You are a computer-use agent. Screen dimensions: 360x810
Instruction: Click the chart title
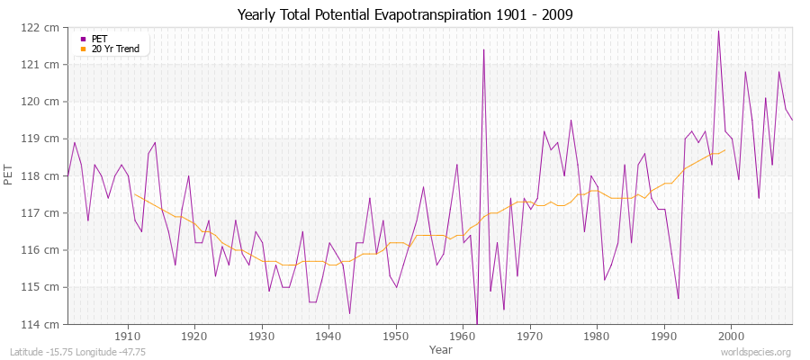point(405,15)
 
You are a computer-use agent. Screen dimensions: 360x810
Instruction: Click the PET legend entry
point(99,39)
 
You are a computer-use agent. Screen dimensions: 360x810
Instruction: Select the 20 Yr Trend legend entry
point(115,49)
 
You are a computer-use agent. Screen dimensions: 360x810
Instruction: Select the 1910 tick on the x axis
point(127,336)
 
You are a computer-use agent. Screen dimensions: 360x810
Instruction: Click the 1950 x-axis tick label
point(395,336)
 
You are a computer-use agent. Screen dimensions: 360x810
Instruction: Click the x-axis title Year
point(441,349)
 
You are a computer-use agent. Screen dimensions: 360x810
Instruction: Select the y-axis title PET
point(9,175)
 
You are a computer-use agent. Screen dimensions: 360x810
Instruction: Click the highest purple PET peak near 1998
point(718,31)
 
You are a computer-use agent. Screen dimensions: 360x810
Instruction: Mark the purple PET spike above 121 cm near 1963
point(483,49)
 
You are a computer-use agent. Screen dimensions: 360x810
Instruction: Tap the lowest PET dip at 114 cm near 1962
point(477,322)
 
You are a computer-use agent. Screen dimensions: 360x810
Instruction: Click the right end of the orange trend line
point(724,150)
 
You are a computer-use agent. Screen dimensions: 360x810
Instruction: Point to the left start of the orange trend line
point(134,193)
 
